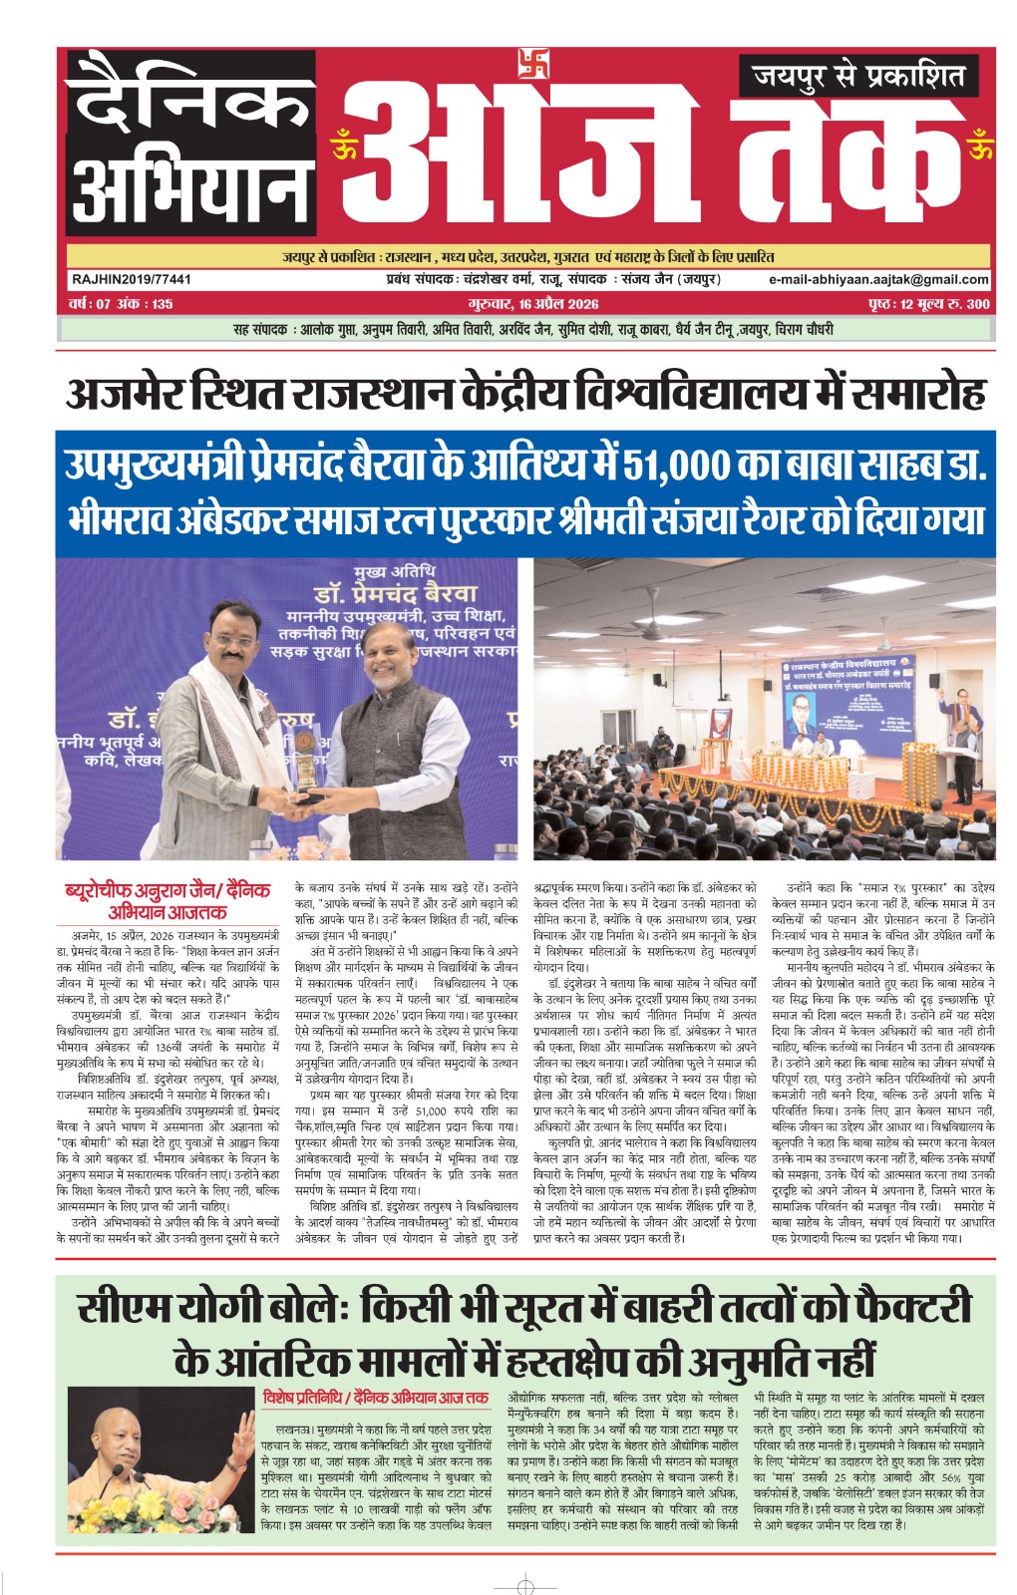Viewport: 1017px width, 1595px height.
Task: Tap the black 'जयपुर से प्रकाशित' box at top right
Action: pos(858,76)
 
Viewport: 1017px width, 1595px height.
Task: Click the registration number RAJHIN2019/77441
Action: pos(131,280)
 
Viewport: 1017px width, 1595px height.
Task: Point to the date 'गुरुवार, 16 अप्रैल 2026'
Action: pos(533,304)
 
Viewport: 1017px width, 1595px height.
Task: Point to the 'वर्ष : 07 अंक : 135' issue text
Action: pos(121,304)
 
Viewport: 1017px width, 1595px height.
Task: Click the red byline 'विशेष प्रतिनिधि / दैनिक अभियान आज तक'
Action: pos(375,1398)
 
